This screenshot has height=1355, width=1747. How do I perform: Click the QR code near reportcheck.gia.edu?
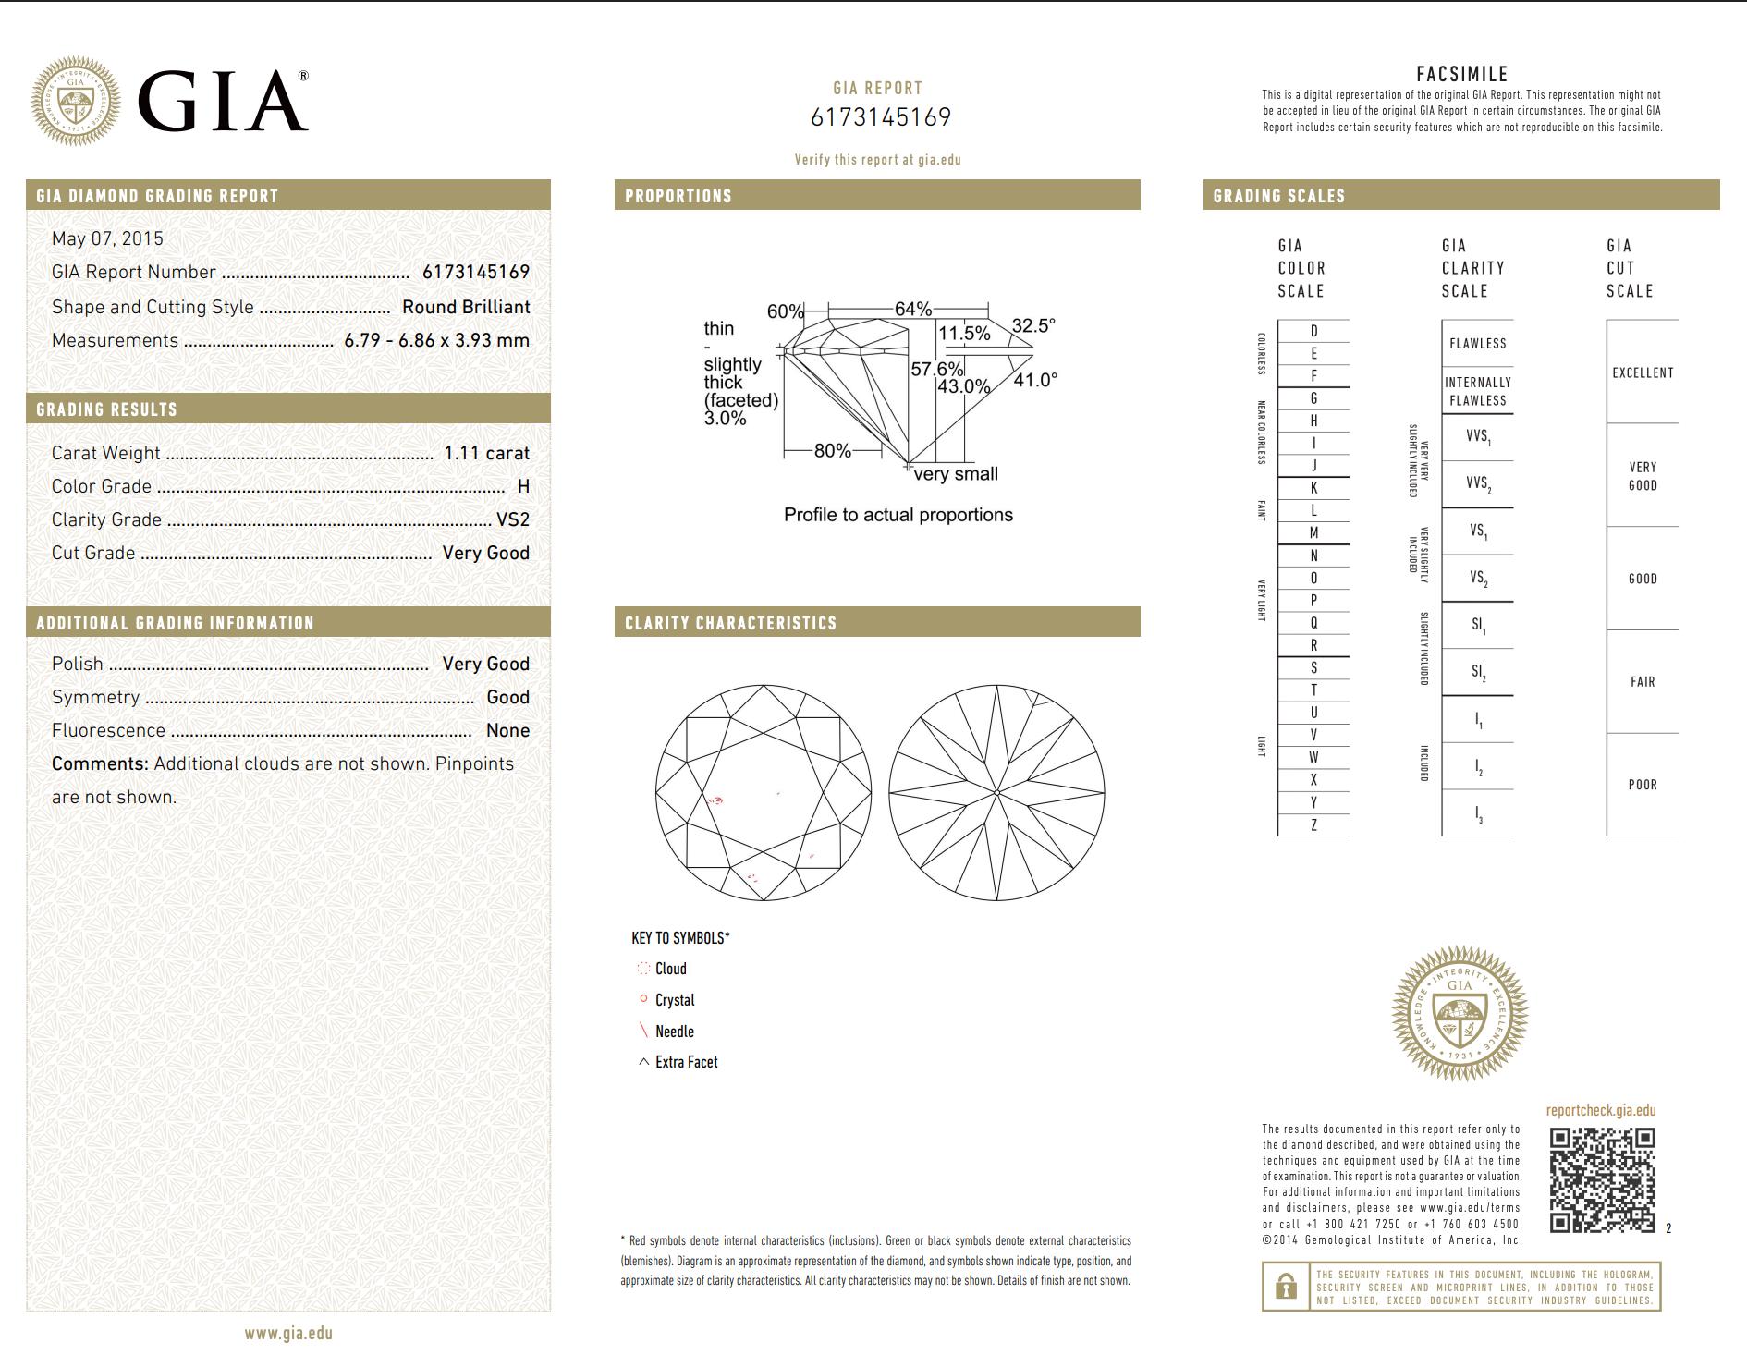[x=1602, y=1179]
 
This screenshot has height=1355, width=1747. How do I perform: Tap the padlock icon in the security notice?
[x=1285, y=1287]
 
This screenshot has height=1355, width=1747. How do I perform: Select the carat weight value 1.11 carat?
[x=486, y=453]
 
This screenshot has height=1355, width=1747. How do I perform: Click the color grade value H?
[x=523, y=486]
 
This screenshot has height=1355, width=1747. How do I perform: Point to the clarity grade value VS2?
[x=512, y=519]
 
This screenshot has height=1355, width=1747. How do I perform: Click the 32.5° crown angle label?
[x=1032, y=325]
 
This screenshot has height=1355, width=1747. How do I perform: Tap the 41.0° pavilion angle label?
[x=1034, y=380]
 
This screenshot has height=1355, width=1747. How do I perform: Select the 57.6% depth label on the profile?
[x=936, y=369]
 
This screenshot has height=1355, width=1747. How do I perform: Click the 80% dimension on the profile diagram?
[x=832, y=451]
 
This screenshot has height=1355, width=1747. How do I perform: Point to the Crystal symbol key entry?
[x=674, y=1000]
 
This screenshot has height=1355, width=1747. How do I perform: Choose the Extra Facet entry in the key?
[x=685, y=1062]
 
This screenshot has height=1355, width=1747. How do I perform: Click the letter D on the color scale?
[x=1313, y=331]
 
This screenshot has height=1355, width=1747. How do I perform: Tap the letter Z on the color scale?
[x=1313, y=825]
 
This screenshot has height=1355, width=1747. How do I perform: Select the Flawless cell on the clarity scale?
[x=1477, y=344]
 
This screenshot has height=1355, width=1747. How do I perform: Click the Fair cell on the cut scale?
[x=1642, y=682]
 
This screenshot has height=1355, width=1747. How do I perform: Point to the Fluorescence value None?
[x=507, y=730]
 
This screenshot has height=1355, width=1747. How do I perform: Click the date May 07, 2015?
[x=107, y=238]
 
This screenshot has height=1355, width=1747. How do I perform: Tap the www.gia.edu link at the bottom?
[x=288, y=1333]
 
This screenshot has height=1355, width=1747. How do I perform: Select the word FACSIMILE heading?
[x=1461, y=74]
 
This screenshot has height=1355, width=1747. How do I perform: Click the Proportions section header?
[x=678, y=196]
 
